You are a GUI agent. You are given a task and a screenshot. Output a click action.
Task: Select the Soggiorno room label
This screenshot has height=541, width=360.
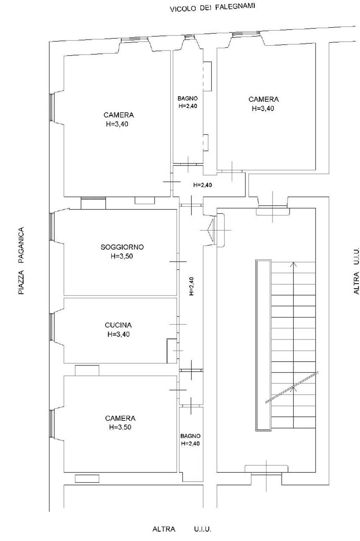point(122,247)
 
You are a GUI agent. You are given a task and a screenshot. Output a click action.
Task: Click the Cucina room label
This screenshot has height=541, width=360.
point(118,325)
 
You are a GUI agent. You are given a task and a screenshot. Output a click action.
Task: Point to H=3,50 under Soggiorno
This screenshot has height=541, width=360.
point(122,256)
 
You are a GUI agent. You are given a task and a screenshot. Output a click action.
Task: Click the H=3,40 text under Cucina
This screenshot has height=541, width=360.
point(119,334)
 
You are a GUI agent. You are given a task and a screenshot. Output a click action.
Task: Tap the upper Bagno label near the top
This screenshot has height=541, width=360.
point(187,99)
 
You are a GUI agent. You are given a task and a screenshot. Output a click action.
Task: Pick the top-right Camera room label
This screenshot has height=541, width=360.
point(263,99)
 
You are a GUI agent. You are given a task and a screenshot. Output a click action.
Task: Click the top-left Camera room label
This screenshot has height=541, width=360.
point(119,115)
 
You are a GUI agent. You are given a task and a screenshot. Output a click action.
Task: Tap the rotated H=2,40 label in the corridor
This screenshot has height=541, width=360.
point(191,286)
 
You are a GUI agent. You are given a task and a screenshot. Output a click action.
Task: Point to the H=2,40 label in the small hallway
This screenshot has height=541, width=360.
point(203,185)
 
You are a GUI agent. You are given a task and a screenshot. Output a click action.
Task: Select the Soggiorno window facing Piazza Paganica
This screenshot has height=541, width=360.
point(52,226)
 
